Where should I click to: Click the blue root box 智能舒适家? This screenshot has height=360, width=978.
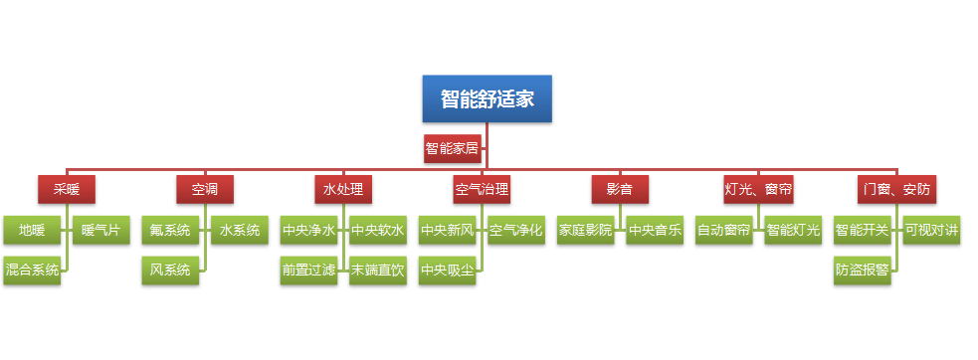(x=487, y=98)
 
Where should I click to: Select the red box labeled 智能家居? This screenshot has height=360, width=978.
(x=452, y=149)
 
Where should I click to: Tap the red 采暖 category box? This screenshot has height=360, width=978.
(x=67, y=188)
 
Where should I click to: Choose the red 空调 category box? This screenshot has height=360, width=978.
(x=205, y=188)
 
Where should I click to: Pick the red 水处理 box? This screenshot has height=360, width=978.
(x=343, y=188)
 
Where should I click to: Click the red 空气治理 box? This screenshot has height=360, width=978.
(x=482, y=188)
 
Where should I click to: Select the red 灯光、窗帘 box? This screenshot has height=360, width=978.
(x=758, y=188)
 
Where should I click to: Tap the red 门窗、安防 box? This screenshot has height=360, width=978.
(x=896, y=188)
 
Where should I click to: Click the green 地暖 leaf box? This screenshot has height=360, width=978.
(x=32, y=231)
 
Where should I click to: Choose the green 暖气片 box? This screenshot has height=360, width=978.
(x=100, y=231)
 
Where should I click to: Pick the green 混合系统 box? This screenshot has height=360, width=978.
(x=32, y=270)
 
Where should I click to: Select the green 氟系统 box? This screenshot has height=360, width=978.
(x=170, y=231)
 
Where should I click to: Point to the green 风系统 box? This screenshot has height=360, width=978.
(x=170, y=270)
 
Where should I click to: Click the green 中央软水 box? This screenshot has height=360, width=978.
(x=377, y=231)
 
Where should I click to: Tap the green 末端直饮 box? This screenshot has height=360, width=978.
(x=377, y=270)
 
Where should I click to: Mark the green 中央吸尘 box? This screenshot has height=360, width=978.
(x=447, y=270)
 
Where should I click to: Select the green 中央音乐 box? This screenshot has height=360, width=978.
(x=654, y=231)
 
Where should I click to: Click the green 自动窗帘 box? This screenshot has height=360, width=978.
(x=723, y=231)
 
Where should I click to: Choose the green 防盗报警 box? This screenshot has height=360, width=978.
(x=862, y=270)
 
